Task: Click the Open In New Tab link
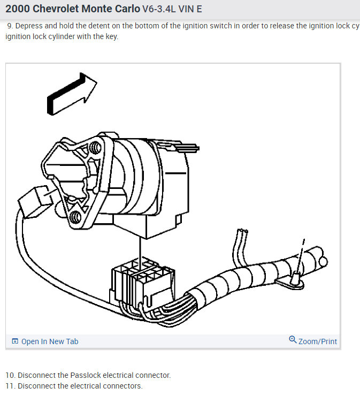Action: click(49, 341)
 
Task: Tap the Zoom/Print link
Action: click(318, 341)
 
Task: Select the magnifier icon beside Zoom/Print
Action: click(293, 340)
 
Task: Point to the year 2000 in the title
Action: click(17, 9)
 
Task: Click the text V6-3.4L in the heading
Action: click(162, 10)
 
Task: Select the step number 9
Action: click(10, 26)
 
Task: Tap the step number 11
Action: click(9, 386)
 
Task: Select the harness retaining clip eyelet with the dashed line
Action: click(294, 278)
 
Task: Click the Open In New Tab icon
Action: click(15, 341)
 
